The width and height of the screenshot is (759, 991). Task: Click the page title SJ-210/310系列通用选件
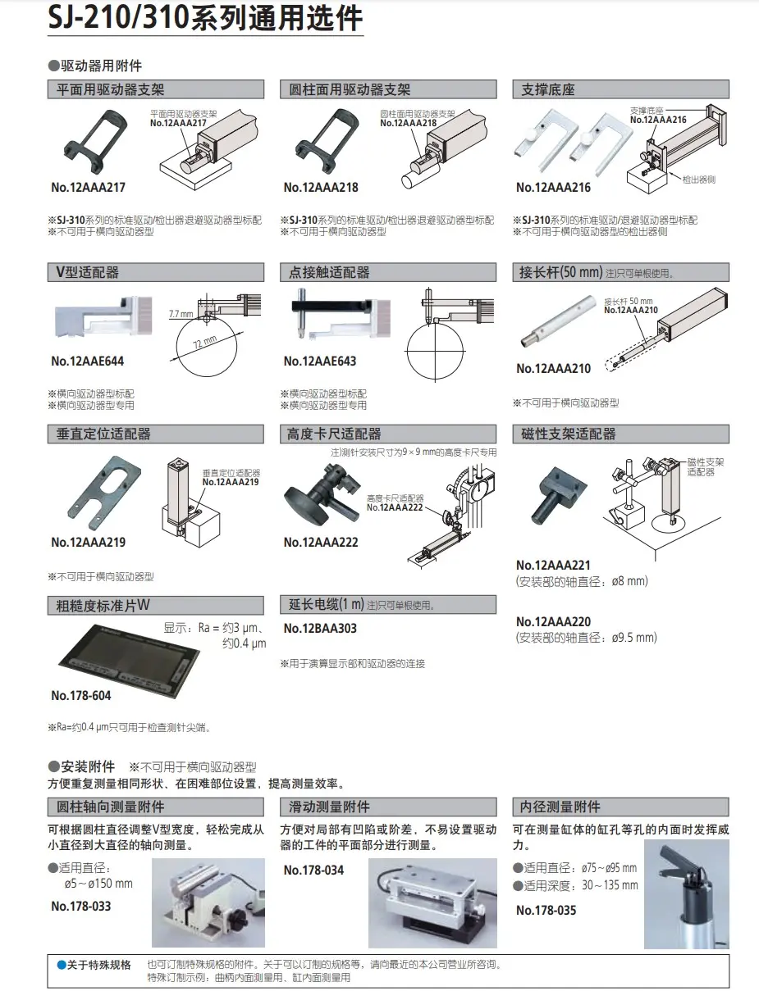pos(205,18)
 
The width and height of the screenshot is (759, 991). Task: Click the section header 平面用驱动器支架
pos(110,89)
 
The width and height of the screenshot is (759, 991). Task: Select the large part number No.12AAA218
pos(321,188)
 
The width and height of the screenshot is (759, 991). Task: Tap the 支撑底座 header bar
pos(620,89)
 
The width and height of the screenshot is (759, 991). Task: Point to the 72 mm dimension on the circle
pos(205,342)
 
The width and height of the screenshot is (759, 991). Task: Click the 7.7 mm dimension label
pos(181,314)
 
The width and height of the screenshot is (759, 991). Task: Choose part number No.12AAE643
pos(320,361)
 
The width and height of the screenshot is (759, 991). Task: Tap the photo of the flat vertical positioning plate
pos(104,492)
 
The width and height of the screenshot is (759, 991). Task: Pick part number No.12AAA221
pos(553,566)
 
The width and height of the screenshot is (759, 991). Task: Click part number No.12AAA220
pos(553,621)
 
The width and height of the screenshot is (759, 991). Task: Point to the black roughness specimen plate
pos(129,661)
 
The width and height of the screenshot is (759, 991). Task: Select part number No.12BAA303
pos(320,629)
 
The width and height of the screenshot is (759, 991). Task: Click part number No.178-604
pos(81,696)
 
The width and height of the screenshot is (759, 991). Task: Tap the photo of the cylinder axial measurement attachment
pos(208,902)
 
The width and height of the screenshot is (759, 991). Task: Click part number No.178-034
pos(313,870)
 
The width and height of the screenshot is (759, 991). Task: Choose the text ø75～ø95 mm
pos(609,868)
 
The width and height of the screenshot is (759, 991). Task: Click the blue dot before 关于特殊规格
pos(62,966)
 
